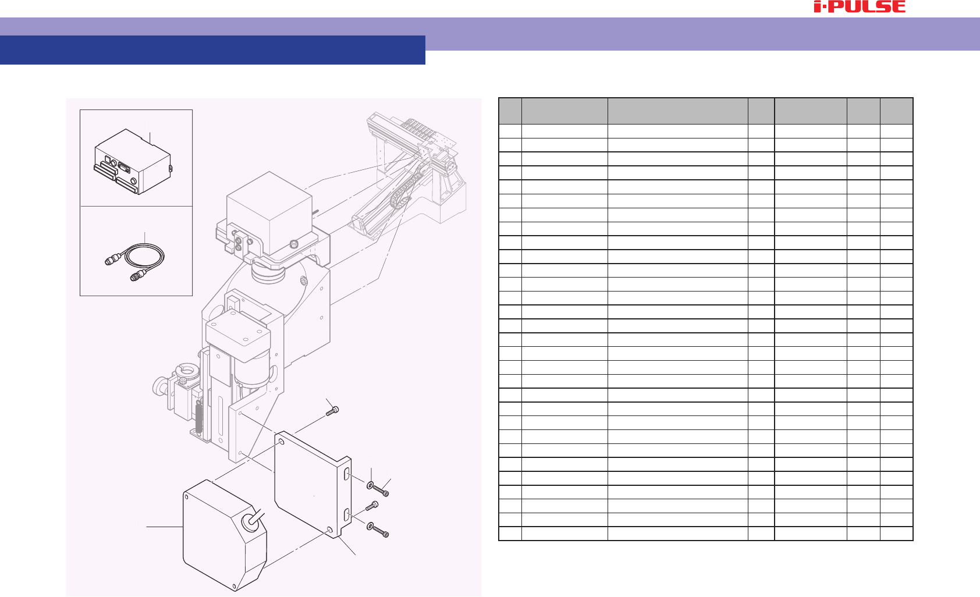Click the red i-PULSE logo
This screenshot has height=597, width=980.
click(860, 6)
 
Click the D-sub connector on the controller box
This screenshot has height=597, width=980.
click(125, 166)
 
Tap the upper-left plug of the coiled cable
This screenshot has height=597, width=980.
click(112, 260)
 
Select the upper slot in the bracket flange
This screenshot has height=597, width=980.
click(346, 474)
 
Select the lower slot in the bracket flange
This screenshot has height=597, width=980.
click(346, 515)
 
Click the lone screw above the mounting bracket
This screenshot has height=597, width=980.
click(332, 411)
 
